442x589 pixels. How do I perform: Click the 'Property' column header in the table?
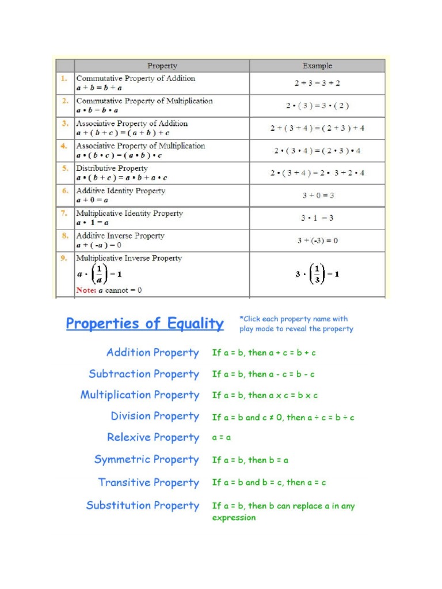(162, 66)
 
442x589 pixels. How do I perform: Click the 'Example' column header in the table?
(317, 66)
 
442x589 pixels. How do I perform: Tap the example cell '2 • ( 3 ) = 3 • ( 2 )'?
(317, 106)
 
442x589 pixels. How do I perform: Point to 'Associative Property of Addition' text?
(132, 124)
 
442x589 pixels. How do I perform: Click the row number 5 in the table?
(65, 169)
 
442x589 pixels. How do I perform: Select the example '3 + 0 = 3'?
(318, 196)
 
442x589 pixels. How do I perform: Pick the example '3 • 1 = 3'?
(317, 218)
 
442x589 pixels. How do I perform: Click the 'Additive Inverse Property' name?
(120, 236)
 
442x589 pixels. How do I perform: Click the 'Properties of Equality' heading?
(144, 324)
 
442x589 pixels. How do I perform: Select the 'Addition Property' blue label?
(153, 353)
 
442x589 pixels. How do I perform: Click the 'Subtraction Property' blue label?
(144, 374)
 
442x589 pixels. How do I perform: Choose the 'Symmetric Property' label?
(146, 460)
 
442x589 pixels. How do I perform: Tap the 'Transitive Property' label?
(148, 483)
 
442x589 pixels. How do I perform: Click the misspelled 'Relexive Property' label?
(153, 438)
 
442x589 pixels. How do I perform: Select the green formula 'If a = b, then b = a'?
(250, 460)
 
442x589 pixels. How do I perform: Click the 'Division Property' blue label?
(155, 416)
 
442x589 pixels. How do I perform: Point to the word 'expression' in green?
(234, 518)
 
